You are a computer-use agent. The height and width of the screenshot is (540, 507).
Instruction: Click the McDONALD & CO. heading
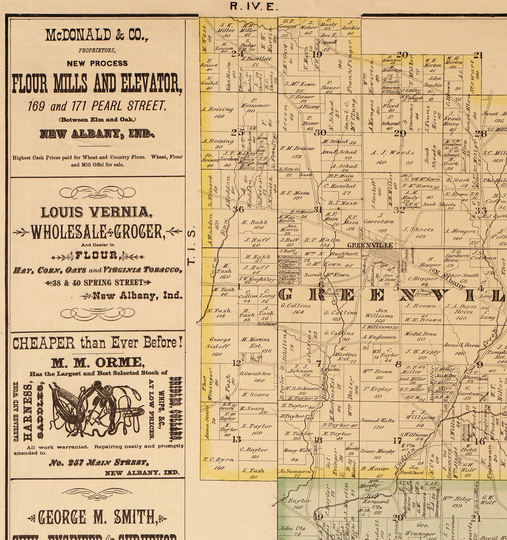pyautogui.click(x=97, y=36)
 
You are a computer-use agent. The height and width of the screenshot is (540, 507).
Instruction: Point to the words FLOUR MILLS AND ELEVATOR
pyautogui.click(x=97, y=84)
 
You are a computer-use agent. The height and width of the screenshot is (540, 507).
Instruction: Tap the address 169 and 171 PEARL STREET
pyautogui.click(x=97, y=106)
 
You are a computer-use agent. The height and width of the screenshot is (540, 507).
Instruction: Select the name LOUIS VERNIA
pyautogui.click(x=97, y=212)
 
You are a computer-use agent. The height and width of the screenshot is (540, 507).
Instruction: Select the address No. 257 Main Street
pyautogui.click(x=99, y=462)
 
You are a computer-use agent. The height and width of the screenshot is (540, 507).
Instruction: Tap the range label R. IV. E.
pyautogui.click(x=254, y=6)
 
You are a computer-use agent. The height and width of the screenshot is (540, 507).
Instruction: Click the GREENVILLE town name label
pyautogui.click(x=370, y=245)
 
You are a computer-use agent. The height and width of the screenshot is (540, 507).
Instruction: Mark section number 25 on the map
pyautogui.click(x=238, y=133)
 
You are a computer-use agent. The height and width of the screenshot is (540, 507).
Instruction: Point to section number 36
pyautogui.click(x=238, y=209)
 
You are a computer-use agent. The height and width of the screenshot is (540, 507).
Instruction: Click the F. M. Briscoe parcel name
pyautogui.click(x=297, y=148)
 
